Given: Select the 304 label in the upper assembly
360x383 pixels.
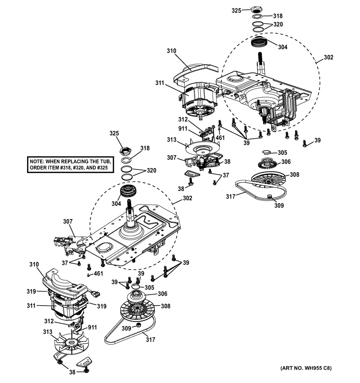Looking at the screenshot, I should point(283,46).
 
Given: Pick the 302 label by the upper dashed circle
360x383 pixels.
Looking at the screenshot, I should point(328,57).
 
